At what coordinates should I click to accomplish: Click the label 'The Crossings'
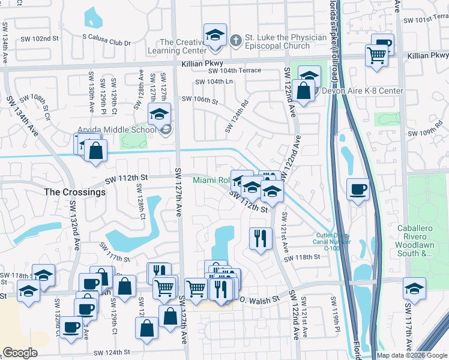point(75,193)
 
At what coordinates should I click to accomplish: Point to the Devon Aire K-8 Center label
point(363,91)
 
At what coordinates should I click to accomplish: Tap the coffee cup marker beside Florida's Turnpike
point(358,190)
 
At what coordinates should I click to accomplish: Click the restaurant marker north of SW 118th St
point(261,238)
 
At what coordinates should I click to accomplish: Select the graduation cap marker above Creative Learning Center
point(214,35)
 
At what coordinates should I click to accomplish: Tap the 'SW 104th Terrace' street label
point(235,70)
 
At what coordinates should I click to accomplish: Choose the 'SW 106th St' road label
point(199,100)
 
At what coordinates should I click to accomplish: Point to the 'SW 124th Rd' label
point(237,116)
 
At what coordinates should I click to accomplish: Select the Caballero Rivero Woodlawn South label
point(423,241)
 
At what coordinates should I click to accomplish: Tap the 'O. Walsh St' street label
point(260,299)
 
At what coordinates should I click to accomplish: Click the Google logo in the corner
point(20,353)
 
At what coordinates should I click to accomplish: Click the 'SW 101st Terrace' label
point(426,20)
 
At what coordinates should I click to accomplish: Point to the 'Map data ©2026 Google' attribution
point(412,355)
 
